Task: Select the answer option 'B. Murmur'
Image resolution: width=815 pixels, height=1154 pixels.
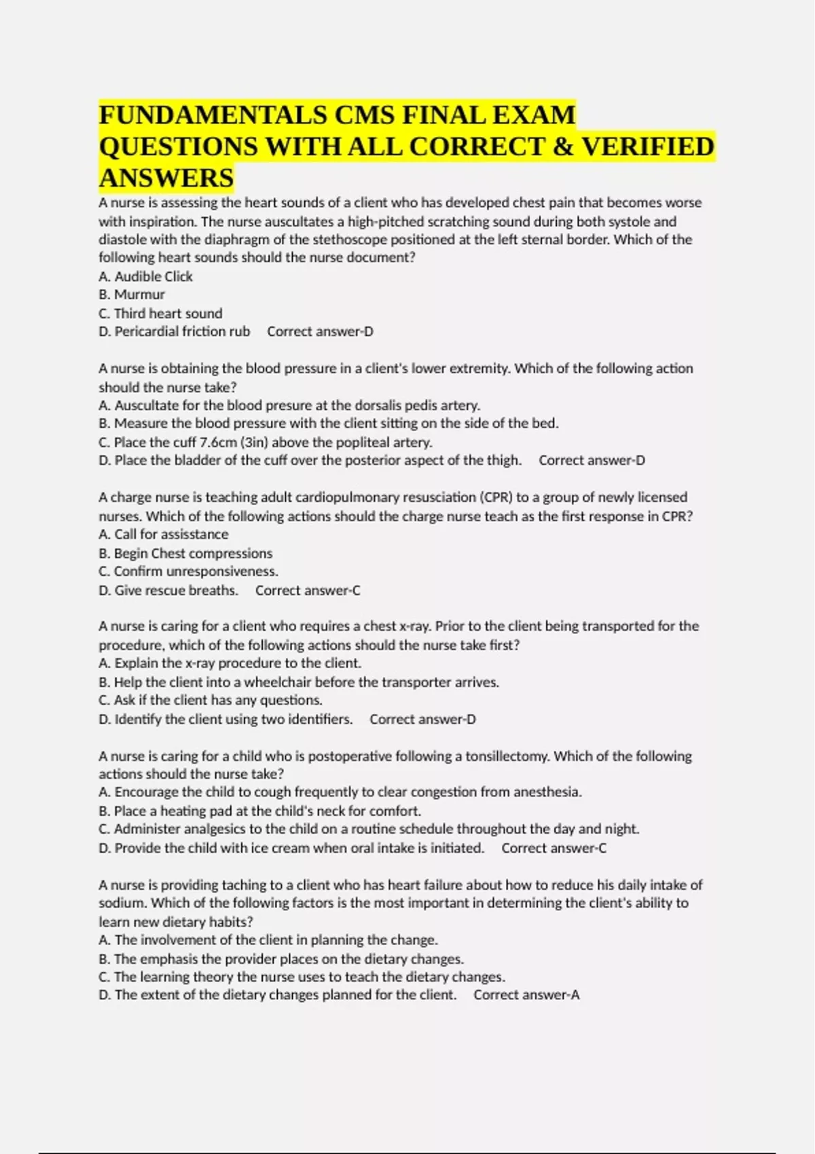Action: [132, 295]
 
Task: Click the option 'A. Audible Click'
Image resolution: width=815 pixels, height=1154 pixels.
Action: [145, 276]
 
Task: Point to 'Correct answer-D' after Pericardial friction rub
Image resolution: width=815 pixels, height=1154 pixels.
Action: [320, 331]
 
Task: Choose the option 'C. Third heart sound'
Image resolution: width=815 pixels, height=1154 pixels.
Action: [160, 313]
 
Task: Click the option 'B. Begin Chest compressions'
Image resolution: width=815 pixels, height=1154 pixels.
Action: [185, 553]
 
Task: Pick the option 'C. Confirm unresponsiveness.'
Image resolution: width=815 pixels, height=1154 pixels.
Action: [188, 572]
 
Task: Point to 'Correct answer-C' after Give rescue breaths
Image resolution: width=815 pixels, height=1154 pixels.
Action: [308, 591]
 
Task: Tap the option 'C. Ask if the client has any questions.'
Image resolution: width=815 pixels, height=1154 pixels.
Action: [211, 700]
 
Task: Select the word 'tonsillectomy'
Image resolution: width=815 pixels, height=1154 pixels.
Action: [507, 756]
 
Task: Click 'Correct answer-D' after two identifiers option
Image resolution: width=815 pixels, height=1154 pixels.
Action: [422, 719]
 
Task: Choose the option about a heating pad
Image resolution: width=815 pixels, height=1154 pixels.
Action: [259, 811]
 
